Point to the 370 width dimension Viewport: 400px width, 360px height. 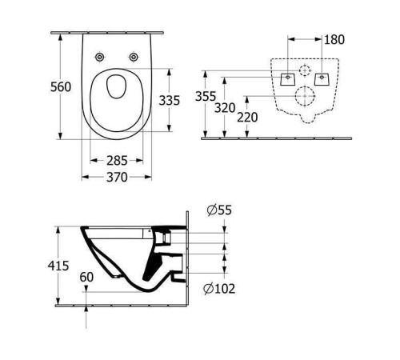pyautogui.click(x=118, y=177)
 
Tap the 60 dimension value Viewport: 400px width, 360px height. pyautogui.click(x=86, y=278)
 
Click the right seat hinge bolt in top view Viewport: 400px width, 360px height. pyautogui.click(x=133, y=57)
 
